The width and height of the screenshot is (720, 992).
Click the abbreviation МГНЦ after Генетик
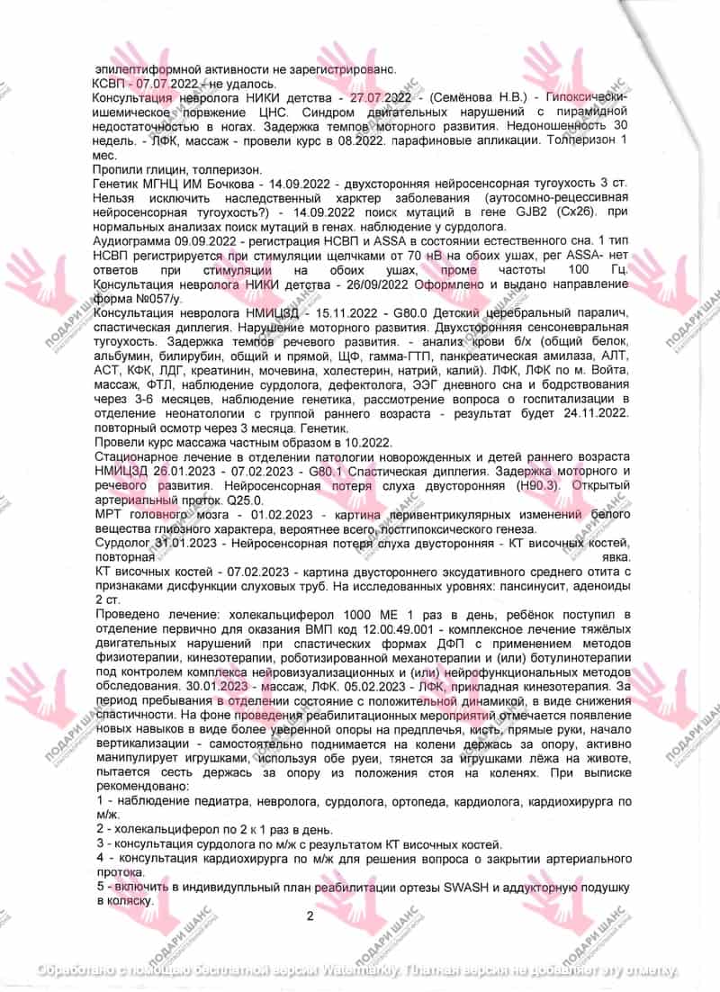[165, 183]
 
